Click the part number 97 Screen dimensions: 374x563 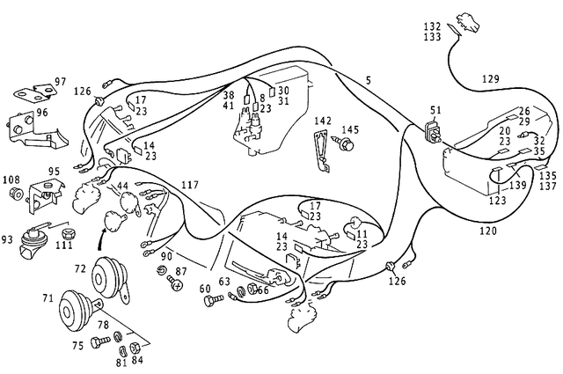(x=61, y=82)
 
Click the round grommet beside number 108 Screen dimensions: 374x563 (x=14, y=194)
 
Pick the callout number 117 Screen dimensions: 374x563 (x=189, y=185)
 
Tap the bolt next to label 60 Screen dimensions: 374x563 (x=211, y=301)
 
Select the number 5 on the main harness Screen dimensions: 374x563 (x=368, y=80)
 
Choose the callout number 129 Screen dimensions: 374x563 (x=490, y=79)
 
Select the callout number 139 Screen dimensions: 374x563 (x=519, y=186)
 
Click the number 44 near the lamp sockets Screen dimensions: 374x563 (x=122, y=187)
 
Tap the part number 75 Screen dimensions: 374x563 (x=77, y=346)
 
